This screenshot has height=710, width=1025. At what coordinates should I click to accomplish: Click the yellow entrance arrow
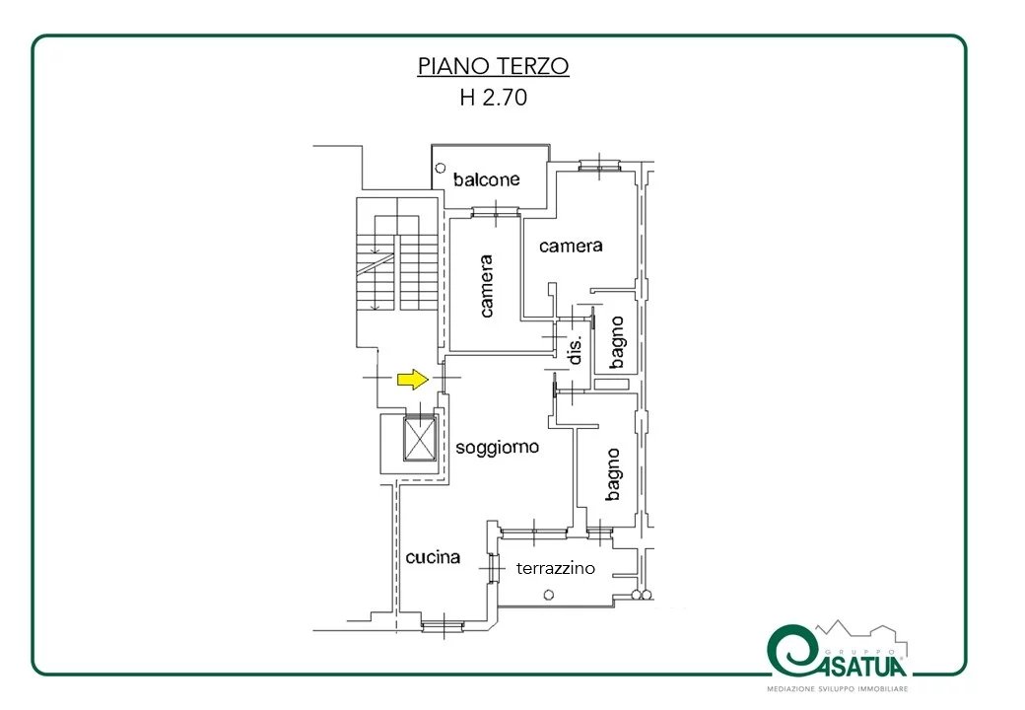413,380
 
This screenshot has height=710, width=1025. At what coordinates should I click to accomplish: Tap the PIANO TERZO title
494,66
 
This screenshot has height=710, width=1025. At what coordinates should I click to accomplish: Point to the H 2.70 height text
494,98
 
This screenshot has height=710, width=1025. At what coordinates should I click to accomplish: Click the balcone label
486,179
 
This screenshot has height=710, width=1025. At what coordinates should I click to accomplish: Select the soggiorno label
498,448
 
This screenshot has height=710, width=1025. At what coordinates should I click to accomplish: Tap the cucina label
433,557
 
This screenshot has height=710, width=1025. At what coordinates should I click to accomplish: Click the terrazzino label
556,568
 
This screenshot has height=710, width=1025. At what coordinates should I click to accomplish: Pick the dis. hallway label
575,350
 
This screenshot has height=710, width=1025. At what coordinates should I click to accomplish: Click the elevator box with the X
419,438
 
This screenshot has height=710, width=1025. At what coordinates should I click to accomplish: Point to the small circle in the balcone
441,169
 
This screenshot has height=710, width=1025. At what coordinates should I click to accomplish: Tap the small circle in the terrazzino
549,595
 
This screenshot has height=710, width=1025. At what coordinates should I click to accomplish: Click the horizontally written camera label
571,246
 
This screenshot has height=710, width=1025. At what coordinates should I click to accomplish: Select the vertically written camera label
486,286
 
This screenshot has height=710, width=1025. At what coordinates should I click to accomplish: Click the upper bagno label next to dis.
616,342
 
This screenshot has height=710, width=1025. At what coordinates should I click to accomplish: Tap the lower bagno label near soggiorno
612,474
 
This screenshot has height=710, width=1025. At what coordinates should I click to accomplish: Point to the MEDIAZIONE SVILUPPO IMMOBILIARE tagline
838,689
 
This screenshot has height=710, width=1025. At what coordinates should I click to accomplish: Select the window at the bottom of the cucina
444,626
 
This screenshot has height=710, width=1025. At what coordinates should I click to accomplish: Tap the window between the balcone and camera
496,212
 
